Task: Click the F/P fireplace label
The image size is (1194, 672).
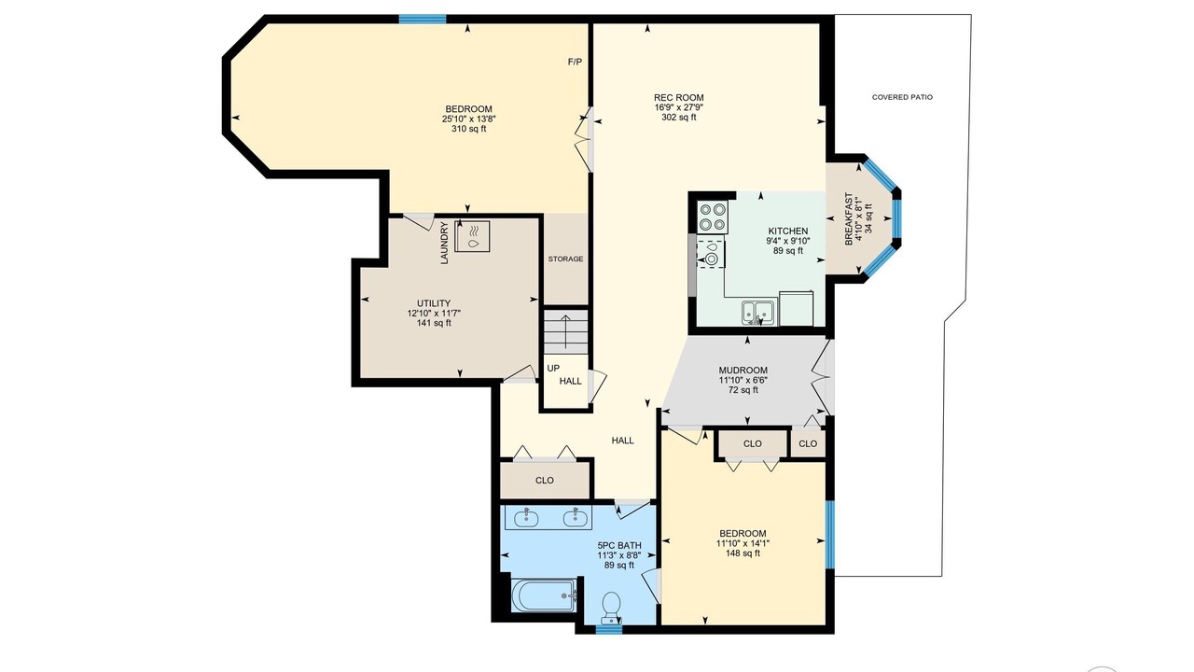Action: pyautogui.click(x=575, y=62)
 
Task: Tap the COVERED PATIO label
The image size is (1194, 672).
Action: pyautogui.click(x=902, y=97)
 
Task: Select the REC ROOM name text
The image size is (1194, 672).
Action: pyautogui.click(x=678, y=98)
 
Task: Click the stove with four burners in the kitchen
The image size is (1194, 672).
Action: pyautogui.click(x=713, y=217)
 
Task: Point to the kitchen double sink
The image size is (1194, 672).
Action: pyautogui.click(x=758, y=313)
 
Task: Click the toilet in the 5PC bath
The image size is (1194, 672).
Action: pyautogui.click(x=611, y=608)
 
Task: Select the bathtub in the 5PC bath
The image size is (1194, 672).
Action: pyautogui.click(x=544, y=595)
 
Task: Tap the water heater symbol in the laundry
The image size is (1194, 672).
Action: pyautogui.click(x=472, y=236)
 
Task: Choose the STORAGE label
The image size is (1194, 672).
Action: pyautogui.click(x=565, y=259)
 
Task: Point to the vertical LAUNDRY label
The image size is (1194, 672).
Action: pyautogui.click(x=445, y=243)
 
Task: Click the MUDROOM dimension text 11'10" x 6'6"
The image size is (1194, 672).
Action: pyautogui.click(x=743, y=380)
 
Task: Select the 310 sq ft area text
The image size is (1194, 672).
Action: pyautogui.click(x=468, y=129)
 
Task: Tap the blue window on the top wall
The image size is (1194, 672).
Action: pyautogui.click(x=423, y=19)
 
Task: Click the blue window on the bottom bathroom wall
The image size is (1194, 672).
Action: pyautogui.click(x=609, y=630)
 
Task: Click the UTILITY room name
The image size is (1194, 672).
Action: pyautogui.click(x=434, y=303)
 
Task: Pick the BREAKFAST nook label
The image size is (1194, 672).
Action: pyautogui.click(x=849, y=218)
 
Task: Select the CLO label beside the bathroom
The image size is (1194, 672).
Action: pyautogui.click(x=544, y=480)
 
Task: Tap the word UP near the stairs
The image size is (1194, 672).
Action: pyautogui.click(x=553, y=368)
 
